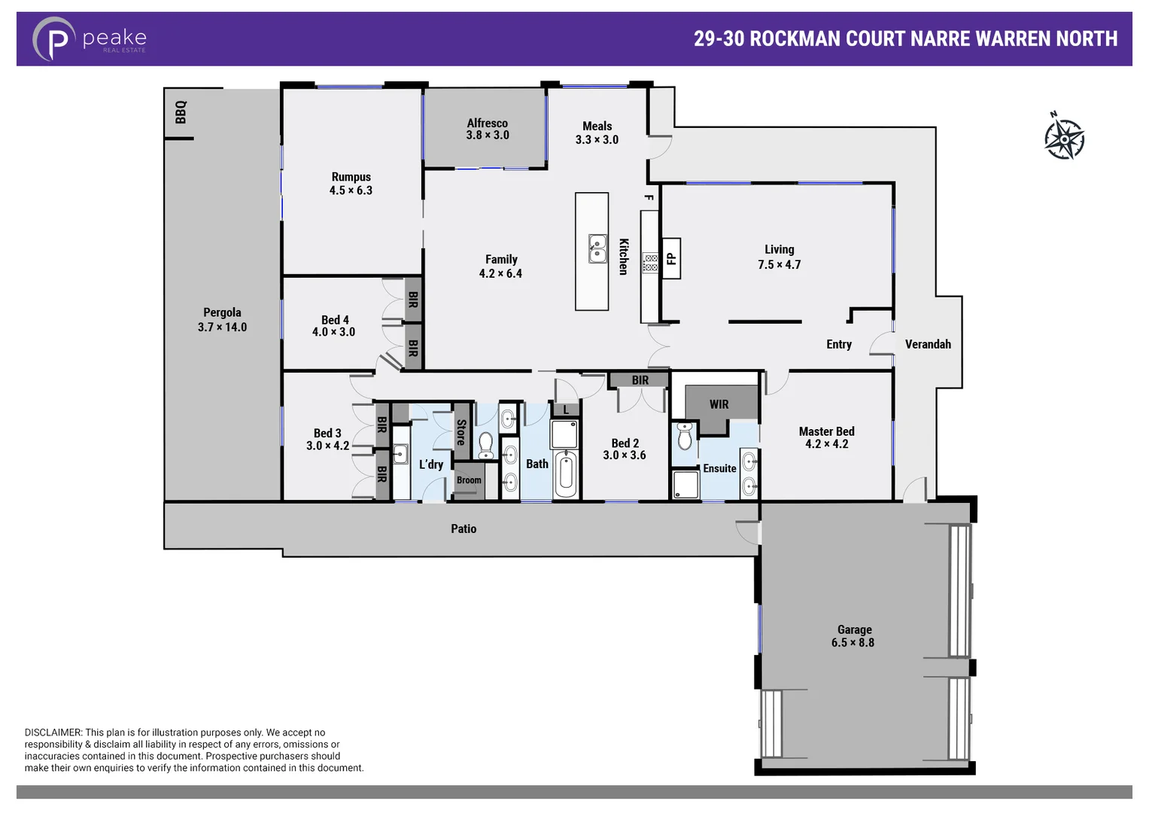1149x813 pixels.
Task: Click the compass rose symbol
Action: click(1064, 138)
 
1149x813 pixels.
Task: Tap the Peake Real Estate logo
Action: click(89, 39)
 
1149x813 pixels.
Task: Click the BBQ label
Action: click(181, 112)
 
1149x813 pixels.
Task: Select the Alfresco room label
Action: click(487, 123)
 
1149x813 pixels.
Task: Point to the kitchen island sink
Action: click(597, 248)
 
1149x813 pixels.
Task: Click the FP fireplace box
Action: click(671, 259)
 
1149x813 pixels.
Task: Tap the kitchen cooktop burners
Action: click(650, 263)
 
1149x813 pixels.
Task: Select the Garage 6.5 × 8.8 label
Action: click(853, 636)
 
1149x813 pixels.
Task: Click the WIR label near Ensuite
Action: click(719, 404)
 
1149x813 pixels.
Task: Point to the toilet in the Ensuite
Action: click(685, 437)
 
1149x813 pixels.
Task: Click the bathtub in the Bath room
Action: click(565, 473)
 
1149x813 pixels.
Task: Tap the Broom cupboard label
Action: click(469, 480)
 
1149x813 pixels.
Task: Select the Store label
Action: click(461, 432)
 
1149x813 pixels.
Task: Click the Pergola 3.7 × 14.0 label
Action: click(222, 320)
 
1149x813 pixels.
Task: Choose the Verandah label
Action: click(927, 344)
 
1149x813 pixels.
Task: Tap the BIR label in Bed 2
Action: click(640, 380)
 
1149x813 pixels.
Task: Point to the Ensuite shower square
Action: click(685, 485)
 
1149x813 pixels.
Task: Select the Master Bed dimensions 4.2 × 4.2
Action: click(826, 444)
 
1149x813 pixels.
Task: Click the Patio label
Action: click(464, 528)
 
